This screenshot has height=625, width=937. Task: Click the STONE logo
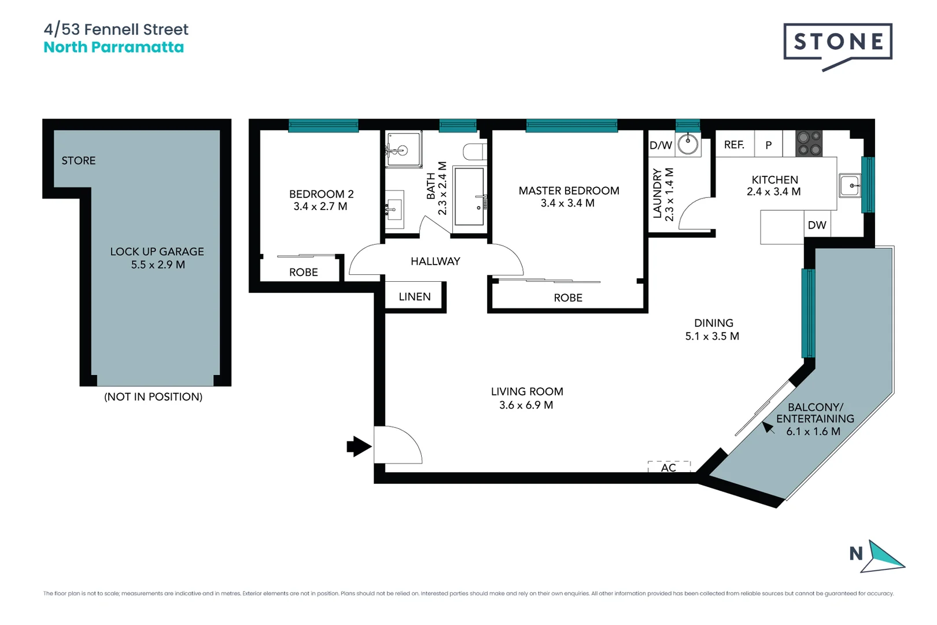(x=838, y=42)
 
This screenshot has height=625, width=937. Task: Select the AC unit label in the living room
(x=669, y=467)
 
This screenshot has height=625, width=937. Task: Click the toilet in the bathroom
(x=474, y=152)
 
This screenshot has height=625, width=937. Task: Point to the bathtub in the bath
(x=469, y=196)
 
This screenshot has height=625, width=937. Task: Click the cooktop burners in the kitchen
(x=809, y=144)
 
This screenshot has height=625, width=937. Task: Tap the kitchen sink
(x=850, y=186)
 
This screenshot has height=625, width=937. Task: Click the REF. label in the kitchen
(x=734, y=145)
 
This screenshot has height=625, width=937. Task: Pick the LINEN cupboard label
(x=415, y=297)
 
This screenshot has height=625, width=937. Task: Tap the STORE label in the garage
(x=79, y=160)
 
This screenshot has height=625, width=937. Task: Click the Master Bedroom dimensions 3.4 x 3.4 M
(x=567, y=203)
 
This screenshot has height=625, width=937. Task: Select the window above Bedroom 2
(x=323, y=126)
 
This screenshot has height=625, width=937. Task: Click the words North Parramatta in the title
(x=114, y=47)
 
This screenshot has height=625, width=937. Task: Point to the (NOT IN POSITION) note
(x=153, y=396)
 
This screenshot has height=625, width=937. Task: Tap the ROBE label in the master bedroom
(x=568, y=297)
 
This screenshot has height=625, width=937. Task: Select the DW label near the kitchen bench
(x=817, y=225)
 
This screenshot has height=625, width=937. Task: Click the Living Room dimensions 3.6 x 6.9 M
(x=526, y=405)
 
